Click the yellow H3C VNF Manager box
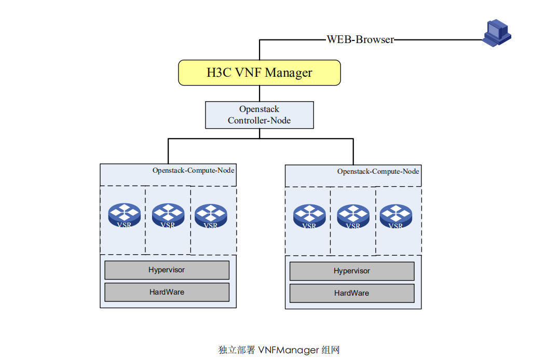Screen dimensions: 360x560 click(259, 73)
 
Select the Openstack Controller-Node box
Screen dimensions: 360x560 click(259, 115)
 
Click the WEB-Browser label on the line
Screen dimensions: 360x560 click(360, 39)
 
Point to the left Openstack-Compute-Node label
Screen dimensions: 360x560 click(193, 170)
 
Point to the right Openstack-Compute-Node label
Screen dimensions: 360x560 click(378, 171)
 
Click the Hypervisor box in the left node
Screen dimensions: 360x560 click(167, 270)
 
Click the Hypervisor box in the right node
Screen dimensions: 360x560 click(352, 271)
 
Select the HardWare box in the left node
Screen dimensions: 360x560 click(167, 292)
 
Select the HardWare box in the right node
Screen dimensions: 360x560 click(352, 293)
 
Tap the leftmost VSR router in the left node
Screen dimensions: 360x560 click(124, 215)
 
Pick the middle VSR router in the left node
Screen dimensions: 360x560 click(168, 215)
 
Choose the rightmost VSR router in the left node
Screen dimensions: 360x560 click(211, 215)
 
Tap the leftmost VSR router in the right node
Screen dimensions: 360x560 click(309, 216)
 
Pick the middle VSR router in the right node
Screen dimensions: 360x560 click(353, 216)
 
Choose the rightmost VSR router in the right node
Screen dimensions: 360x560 click(396, 216)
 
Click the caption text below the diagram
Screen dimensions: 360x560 click(279, 350)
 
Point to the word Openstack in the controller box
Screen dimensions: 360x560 click(259, 109)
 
